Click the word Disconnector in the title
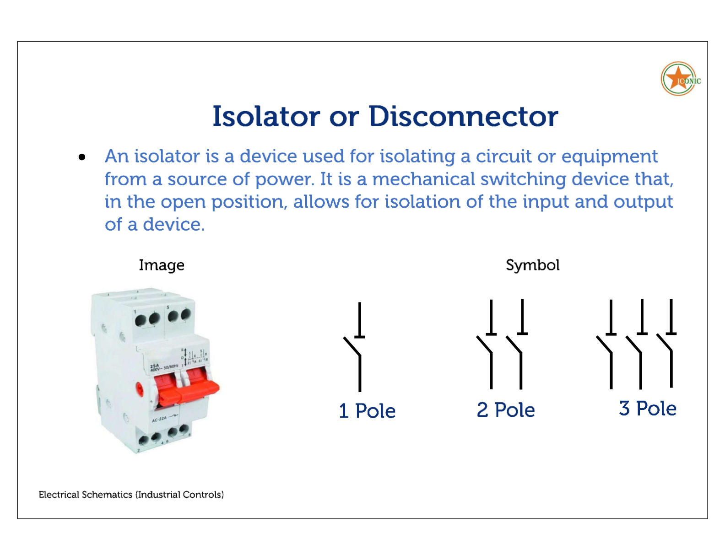(463, 116)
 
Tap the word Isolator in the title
(266, 116)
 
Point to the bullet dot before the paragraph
(82, 157)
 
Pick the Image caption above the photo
(162, 265)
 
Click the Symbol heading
(532, 265)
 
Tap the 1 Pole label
(367, 410)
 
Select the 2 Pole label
(505, 409)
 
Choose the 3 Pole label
(647, 408)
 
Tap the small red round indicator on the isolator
(140, 389)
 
